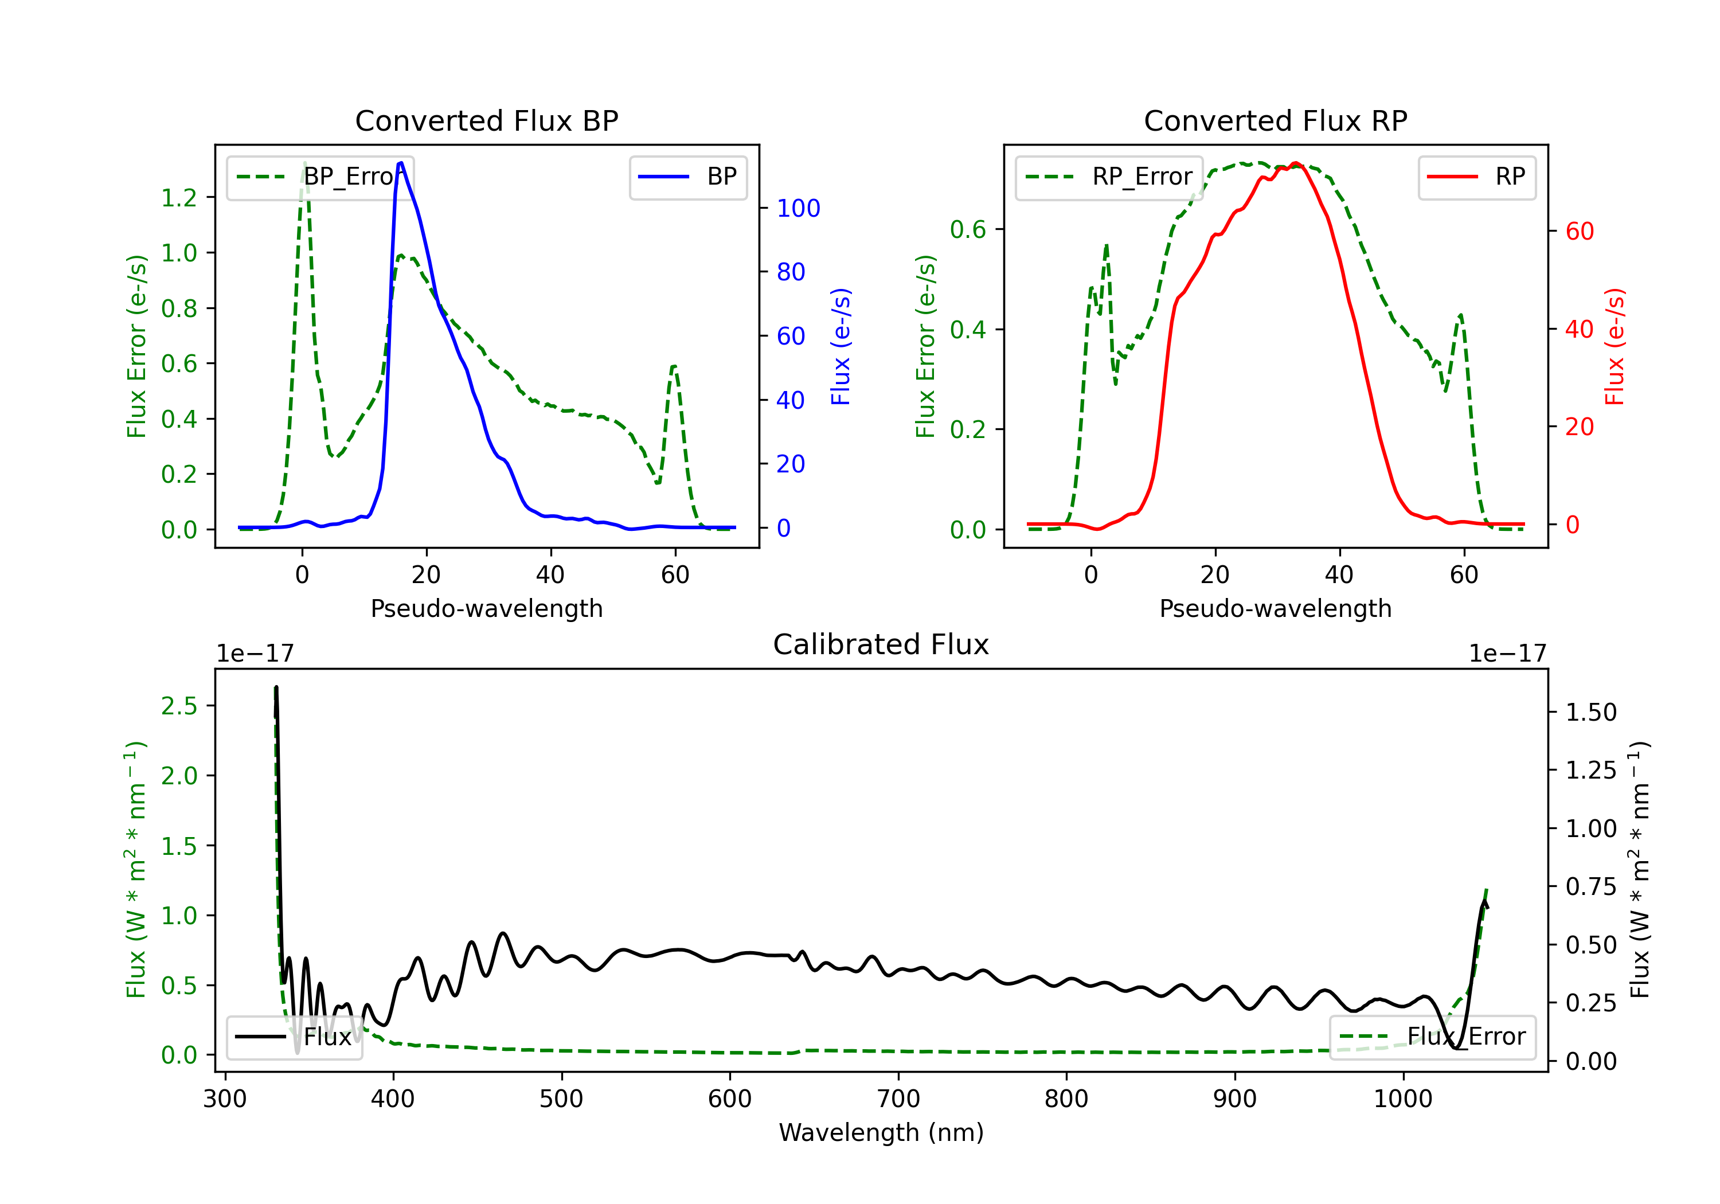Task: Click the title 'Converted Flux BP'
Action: click(x=487, y=120)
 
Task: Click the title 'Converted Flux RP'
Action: click(x=1276, y=120)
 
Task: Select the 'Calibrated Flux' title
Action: click(x=881, y=644)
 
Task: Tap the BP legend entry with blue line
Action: click(x=687, y=177)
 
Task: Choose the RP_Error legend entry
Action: click(x=1109, y=177)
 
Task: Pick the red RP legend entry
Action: click(x=1476, y=177)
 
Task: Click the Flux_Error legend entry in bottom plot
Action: click(x=1432, y=1037)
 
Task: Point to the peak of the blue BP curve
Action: click(x=401, y=163)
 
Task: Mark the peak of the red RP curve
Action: click(x=1296, y=163)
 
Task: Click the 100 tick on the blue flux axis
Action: click(x=799, y=208)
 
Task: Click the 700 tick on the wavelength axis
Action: click(x=898, y=1099)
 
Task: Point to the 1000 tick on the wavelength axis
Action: click(x=1403, y=1099)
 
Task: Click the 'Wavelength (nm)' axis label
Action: click(x=881, y=1133)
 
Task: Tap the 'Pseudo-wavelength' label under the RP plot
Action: click(x=1276, y=608)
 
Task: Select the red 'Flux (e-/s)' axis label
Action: click(x=1615, y=347)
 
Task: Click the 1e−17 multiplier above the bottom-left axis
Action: click(x=255, y=654)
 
